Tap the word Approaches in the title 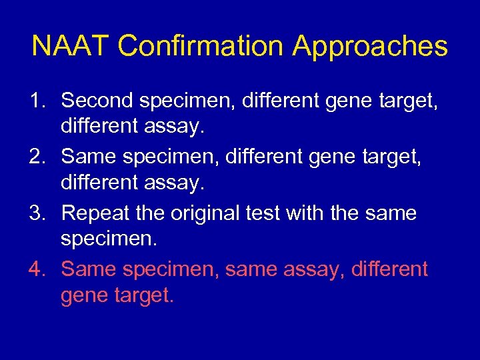370,47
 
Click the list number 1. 37,101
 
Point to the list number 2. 37,157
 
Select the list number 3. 37,214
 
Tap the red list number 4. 37,270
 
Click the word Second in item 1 97,101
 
